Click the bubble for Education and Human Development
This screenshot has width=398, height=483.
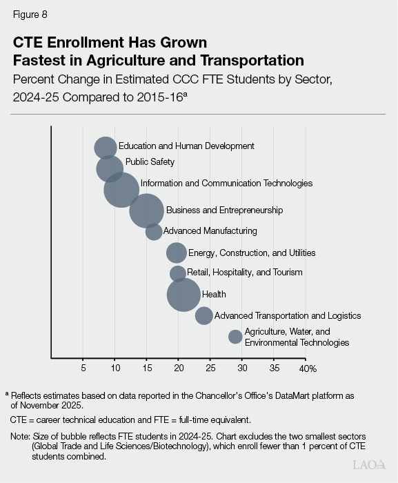tap(105, 148)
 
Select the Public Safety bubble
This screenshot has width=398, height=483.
tap(110, 168)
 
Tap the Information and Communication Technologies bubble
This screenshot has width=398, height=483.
tap(121, 189)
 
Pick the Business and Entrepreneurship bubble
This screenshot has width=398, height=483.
tap(147, 210)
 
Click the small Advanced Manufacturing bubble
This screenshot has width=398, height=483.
tap(154, 232)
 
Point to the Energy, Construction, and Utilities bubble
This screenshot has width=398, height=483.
tap(177, 253)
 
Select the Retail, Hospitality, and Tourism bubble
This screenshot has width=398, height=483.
tap(178, 273)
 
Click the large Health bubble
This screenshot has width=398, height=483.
tap(183, 295)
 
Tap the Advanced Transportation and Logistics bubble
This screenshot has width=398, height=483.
tap(204, 315)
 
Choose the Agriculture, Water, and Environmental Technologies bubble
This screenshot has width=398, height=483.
tap(235, 337)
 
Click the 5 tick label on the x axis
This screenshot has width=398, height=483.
tap(83, 368)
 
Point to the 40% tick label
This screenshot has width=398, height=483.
tap(307, 368)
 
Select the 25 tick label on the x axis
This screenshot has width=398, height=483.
tap(210, 368)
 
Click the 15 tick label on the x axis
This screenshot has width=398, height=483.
tap(146, 368)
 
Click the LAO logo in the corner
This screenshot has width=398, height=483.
tap(369, 465)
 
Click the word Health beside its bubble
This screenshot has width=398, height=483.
tap(214, 295)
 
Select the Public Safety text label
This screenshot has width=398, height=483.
tap(150, 162)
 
